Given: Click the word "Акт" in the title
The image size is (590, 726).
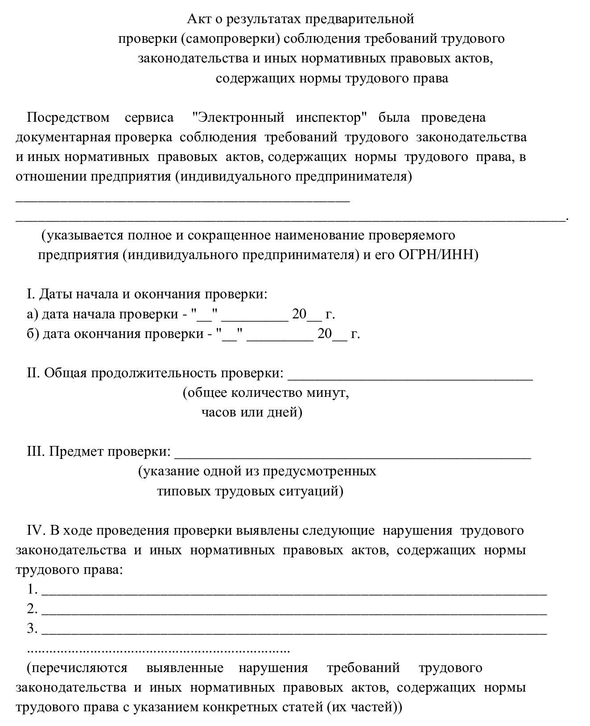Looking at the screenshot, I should (x=197, y=19).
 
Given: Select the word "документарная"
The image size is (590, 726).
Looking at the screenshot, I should (x=63, y=137).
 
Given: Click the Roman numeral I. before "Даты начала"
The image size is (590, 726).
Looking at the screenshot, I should (x=31, y=294).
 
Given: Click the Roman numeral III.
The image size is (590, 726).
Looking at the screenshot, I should (x=36, y=452).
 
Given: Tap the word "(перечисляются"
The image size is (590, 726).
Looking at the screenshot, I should (x=77, y=668).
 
